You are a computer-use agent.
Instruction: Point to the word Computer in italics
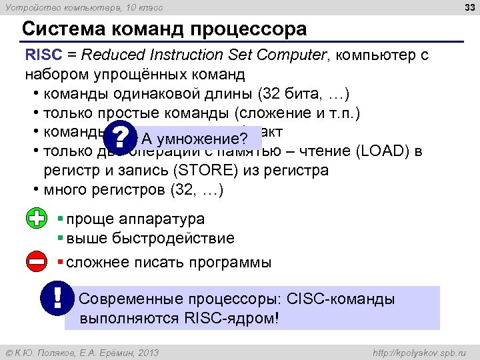point(294,55)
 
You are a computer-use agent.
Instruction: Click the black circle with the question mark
point(121,138)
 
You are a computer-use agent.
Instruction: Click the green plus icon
point(37,219)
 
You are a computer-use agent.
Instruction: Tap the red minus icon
point(37,262)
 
